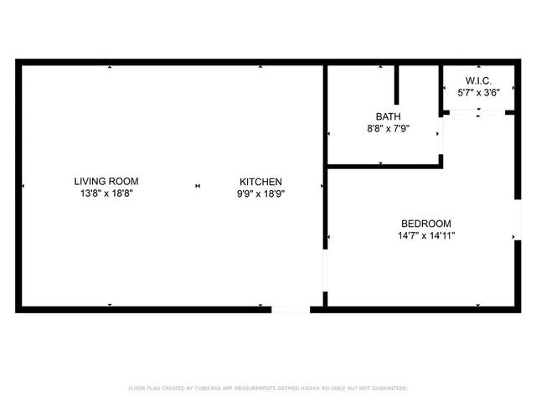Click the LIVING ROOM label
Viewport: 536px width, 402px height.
click(x=106, y=181)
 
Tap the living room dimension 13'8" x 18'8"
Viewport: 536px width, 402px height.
click(x=106, y=193)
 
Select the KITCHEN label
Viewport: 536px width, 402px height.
click(x=260, y=182)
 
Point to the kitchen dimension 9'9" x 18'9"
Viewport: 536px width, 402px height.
click(x=260, y=193)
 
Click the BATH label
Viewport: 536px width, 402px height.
click(x=388, y=117)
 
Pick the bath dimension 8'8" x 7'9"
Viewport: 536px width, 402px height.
click(x=388, y=129)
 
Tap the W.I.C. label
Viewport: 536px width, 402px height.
click(x=478, y=80)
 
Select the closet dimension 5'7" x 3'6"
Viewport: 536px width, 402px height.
click(x=478, y=93)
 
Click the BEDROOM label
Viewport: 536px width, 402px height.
click(x=426, y=224)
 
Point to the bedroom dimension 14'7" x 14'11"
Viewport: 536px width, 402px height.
click(x=426, y=236)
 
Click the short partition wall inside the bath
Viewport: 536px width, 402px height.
click(x=397, y=84)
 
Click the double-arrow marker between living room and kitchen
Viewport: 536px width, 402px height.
click(x=198, y=186)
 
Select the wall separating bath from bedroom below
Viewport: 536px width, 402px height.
click(x=384, y=167)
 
